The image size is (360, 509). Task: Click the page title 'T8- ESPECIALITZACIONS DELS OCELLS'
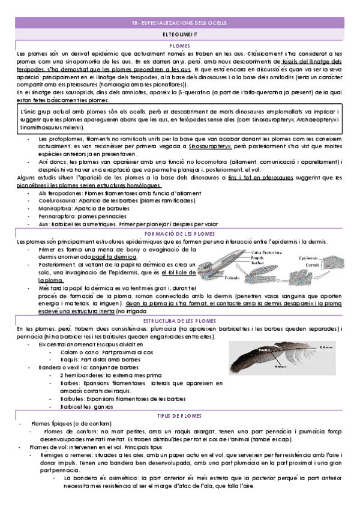(x=179, y=23)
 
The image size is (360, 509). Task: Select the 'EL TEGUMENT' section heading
(x=179, y=35)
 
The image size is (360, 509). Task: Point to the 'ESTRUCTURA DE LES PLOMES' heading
(x=179, y=321)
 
